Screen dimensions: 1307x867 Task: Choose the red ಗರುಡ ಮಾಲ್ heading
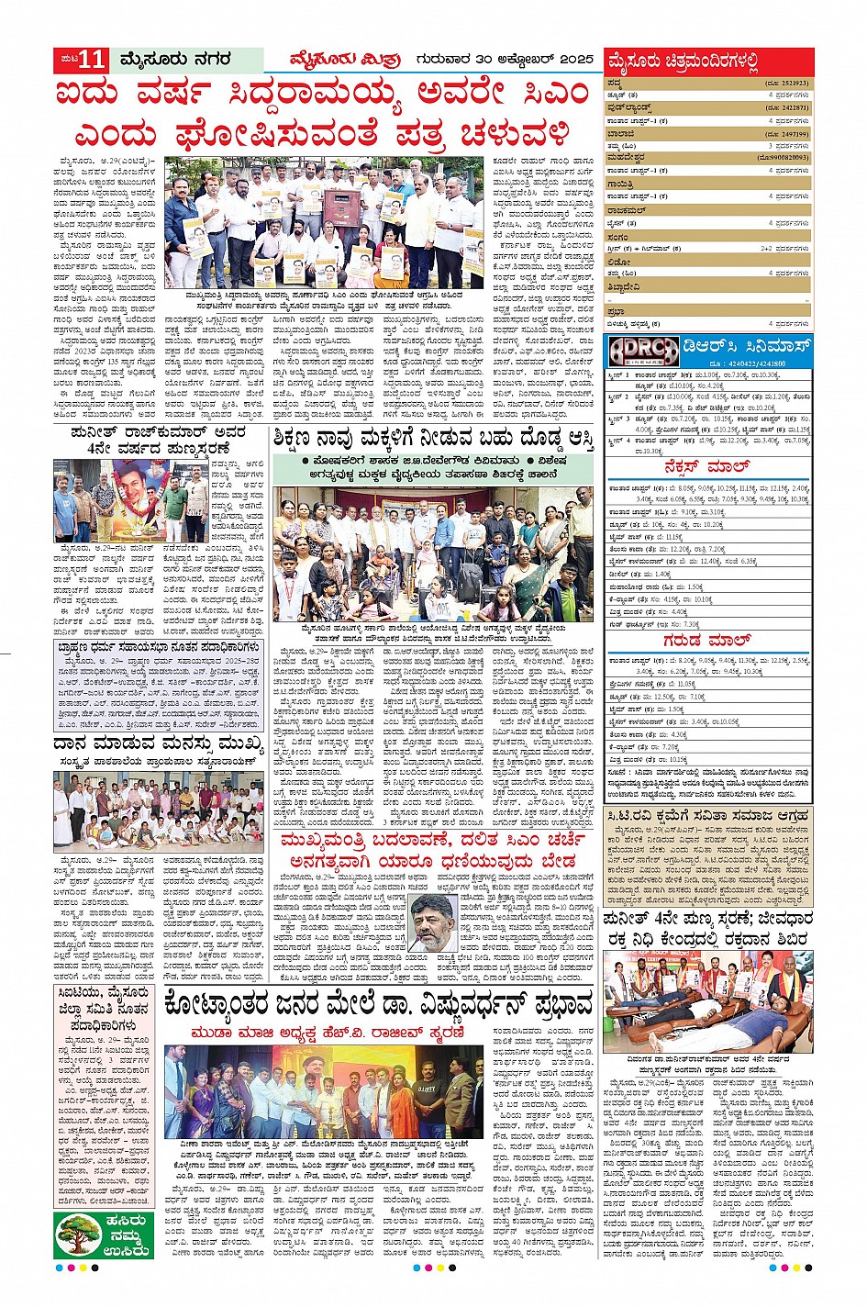[x=707, y=642]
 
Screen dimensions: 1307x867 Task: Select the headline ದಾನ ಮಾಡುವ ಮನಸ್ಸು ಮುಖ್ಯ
[x=149, y=743]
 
